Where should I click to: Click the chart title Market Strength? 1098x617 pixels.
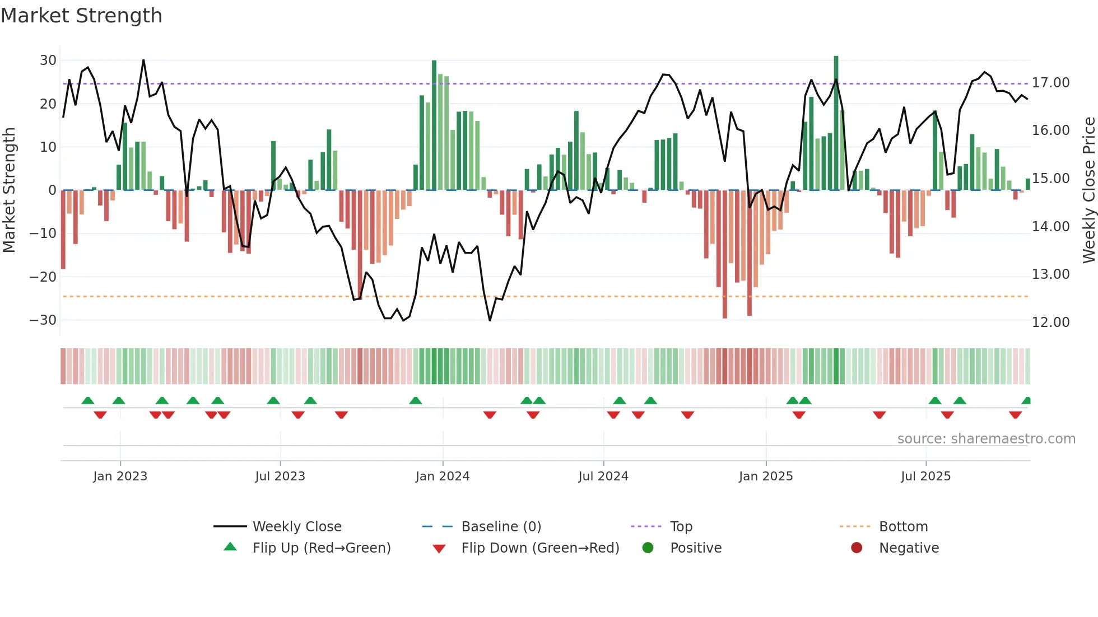(81, 16)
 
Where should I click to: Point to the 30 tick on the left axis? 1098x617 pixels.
(48, 60)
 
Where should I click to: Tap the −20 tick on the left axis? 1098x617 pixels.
(43, 277)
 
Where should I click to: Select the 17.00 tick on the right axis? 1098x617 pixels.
(1050, 83)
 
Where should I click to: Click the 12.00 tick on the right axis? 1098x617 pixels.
(1050, 322)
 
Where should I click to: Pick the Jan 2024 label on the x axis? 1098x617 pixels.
(442, 476)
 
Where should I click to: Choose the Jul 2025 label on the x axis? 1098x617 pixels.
(925, 476)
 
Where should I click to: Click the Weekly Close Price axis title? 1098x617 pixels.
(1088, 190)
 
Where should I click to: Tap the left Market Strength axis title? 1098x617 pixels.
(10, 190)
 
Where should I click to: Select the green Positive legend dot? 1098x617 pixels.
(648, 548)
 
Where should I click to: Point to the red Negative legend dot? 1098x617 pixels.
(856, 548)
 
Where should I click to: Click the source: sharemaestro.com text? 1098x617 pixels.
(986, 439)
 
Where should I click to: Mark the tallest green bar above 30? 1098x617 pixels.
(836, 123)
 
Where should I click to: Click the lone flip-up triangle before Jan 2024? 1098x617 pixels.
(415, 401)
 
